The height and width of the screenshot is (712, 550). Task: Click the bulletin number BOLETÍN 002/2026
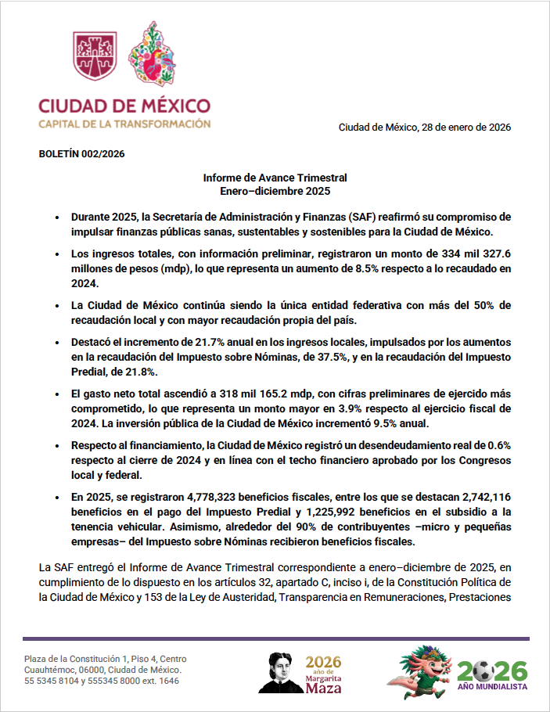(81, 154)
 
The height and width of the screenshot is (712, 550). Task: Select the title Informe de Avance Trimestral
(275, 178)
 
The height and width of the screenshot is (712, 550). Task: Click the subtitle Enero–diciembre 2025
(275, 190)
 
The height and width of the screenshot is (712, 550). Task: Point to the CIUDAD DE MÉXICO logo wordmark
(124, 106)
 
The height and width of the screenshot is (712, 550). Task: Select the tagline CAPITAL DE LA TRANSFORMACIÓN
(124, 124)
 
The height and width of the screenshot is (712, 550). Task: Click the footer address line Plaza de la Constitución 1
(106, 659)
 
